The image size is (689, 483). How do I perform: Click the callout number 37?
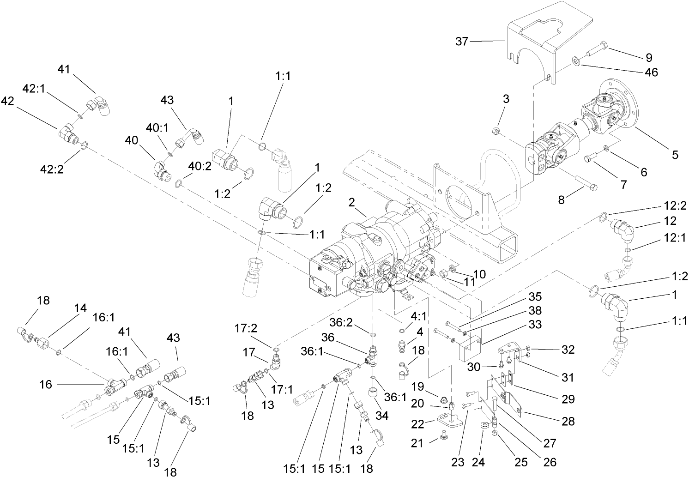tap(462, 42)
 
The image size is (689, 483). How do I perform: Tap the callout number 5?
tap(675, 155)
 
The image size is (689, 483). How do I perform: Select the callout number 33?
tap(535, 325)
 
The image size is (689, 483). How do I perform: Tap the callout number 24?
tap(478, 462)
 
